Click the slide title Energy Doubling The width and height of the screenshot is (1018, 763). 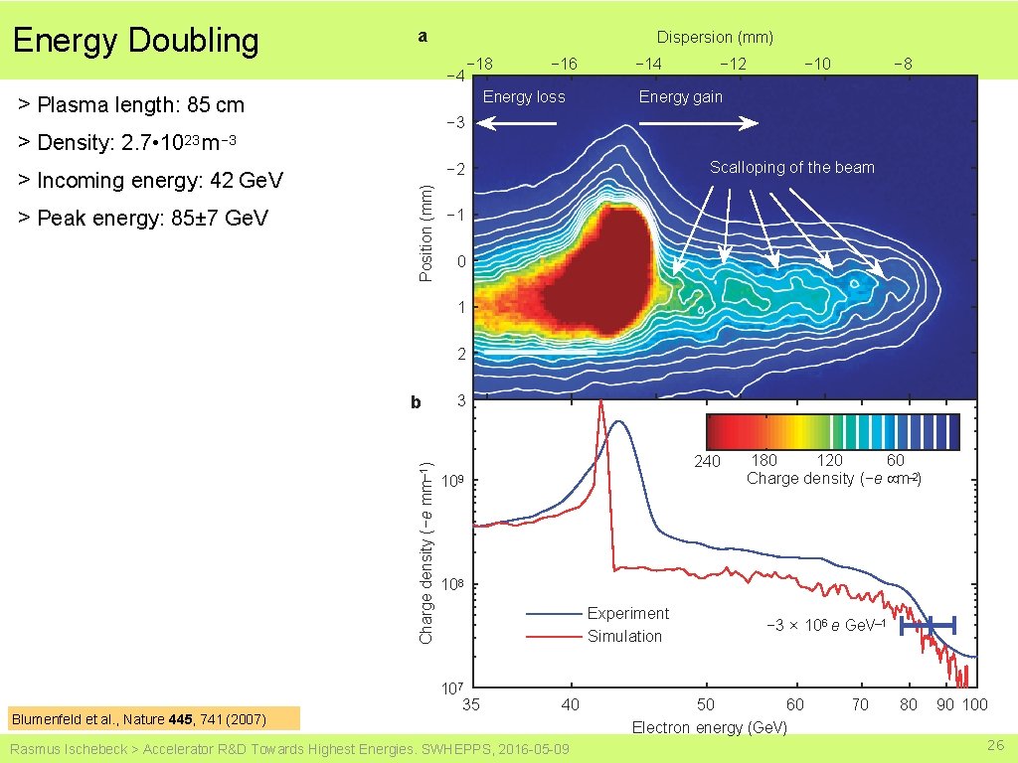point(135,41)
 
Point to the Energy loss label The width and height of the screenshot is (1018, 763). point(523,96)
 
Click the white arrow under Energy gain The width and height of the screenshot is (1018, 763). point(698,123)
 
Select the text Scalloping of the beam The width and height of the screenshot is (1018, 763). point(791,167)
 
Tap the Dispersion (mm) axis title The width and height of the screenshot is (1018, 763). point(715,37)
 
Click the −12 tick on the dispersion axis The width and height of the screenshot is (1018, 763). point(733,64)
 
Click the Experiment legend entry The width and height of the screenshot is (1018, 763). point(627,613)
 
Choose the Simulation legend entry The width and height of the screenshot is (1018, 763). point(624,636)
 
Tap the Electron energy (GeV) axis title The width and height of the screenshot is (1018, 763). point(709,727)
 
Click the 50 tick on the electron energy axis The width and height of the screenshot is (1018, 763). point(705,704)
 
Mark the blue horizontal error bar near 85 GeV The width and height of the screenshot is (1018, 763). point(928,625)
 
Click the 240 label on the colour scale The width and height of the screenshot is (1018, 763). point(707,461)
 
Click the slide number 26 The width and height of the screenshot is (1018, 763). point(995,745)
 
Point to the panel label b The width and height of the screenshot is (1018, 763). point(417,402)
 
